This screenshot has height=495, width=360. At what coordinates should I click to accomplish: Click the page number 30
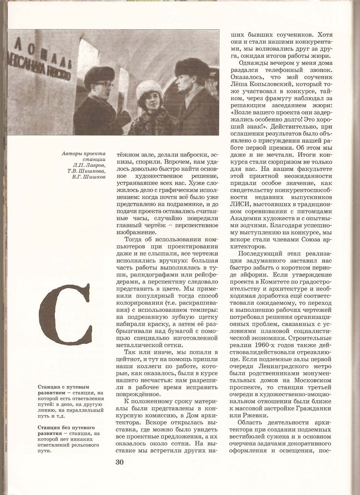[x=119, y=462]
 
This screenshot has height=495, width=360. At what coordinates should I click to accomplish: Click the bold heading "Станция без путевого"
[x=66, y=428]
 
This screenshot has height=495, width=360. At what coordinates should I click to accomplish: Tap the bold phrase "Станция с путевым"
[x=64, y=387]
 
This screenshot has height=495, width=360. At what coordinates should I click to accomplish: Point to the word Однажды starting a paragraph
[x=254, y=63]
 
